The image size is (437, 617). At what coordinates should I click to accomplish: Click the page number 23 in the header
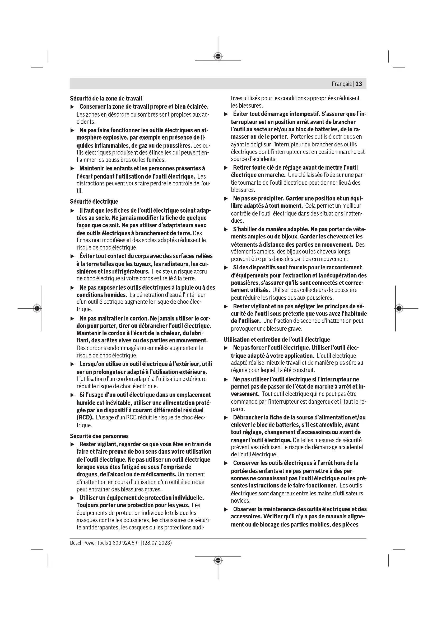click(359, 84)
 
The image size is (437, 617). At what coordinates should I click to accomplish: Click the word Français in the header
click(341, 84)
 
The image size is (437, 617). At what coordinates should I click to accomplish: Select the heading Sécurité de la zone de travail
click(106, 99)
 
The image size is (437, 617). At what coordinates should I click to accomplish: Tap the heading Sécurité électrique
click(94, 202)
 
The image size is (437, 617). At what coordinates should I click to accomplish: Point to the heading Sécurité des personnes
click(99, 436)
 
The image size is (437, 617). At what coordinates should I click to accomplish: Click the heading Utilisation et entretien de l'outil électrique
click(277, 339)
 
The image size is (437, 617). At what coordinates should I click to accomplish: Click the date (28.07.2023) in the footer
click(157, 543)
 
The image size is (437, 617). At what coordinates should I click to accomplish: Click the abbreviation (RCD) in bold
click(85, 418)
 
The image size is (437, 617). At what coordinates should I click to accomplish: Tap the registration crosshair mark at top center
click(218, 56)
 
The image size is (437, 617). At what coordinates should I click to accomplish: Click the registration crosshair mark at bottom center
click(218, 560)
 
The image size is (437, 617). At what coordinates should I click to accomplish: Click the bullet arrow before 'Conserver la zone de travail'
click(72, 107)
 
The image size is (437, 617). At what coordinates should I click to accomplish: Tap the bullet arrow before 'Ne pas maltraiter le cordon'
click(72, 319)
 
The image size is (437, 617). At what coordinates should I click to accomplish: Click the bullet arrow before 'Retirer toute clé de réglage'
click(226, 168)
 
